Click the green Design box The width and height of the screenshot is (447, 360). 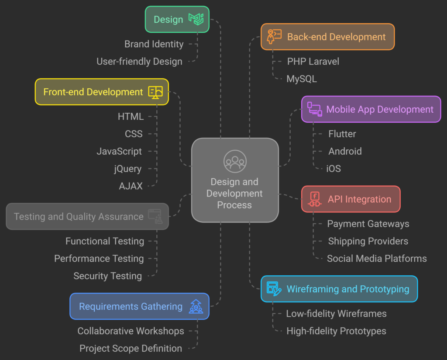click(177, 19)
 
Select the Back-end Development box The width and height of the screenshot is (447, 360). click(327, 37)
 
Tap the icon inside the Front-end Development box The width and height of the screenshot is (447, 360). click(155, 92)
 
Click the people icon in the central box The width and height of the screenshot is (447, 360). click(235, 161)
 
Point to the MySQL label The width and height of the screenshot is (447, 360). click(302, 79)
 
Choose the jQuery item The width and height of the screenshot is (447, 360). click(127, 169)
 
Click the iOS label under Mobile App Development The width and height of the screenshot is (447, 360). click(334, 169)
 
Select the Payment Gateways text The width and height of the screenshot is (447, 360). click(368, 224)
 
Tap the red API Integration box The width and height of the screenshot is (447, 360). click(351, 199)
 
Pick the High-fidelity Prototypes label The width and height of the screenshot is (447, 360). click(336, 331)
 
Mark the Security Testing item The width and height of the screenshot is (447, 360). click(107, 276)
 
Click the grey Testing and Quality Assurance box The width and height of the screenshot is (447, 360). click(87, 216)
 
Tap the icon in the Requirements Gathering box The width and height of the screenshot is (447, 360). click(196, 306)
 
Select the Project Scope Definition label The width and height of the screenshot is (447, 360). click(131, 349)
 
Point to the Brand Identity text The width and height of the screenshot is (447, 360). click(154, 44)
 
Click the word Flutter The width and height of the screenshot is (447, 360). click(342, 134)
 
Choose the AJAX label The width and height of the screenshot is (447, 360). click(131, 186)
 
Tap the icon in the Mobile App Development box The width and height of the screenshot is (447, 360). click(314, 109)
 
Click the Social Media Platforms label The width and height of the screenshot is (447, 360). click(377, 259)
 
